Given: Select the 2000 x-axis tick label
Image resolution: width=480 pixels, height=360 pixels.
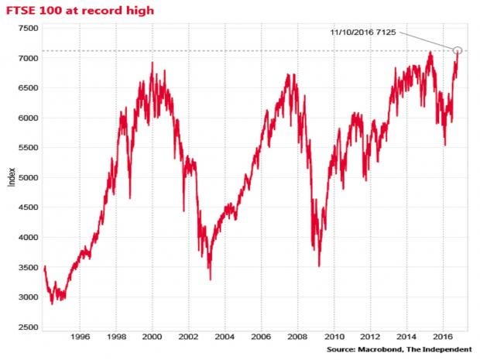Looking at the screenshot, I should pos(153,338).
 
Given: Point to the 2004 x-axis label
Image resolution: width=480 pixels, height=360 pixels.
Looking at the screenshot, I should pos(225,338).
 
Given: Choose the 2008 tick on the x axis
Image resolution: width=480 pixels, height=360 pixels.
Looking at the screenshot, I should pos(298,338).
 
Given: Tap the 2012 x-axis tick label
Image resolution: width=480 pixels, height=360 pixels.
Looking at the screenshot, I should pos(370,338).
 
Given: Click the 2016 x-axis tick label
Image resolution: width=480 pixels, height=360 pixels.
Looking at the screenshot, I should pos(443,338).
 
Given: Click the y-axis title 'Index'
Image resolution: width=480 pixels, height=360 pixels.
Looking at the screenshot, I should pos(10,179).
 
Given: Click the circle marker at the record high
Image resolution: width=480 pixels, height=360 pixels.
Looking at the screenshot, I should pos(458,50).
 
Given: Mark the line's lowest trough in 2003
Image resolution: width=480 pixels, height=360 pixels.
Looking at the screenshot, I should pos(211,279).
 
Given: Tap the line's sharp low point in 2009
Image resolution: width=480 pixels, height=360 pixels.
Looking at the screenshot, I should pos(319,266).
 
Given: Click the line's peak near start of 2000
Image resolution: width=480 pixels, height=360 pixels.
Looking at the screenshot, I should pos(153,63).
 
